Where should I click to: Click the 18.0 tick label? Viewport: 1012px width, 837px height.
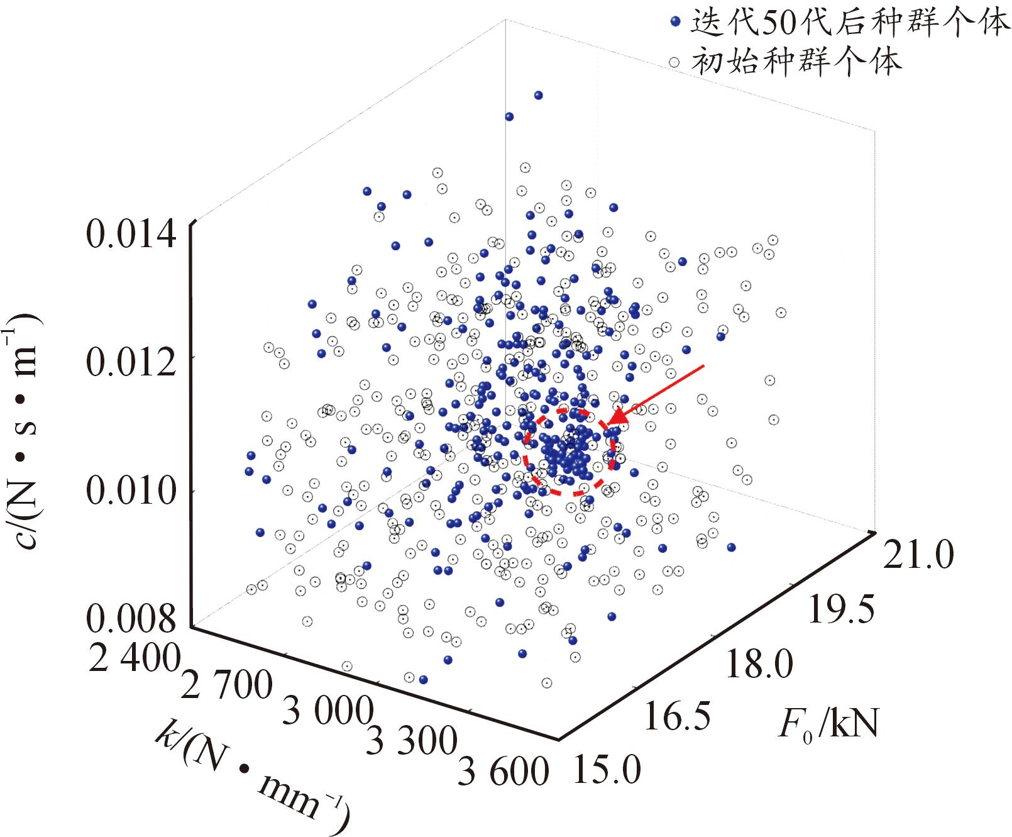tap(759, 665)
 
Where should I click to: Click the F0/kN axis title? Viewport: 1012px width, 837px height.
tap(828, 724)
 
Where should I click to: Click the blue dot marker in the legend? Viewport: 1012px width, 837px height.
tap(675, 21)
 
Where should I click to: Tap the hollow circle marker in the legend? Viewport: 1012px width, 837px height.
tap(675, 62)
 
